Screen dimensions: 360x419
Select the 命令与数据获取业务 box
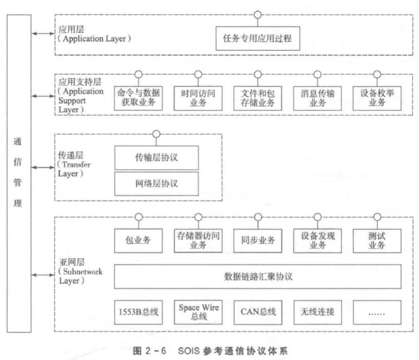click(x=139, y=98)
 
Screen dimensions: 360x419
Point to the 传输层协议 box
click(x=156, y=158)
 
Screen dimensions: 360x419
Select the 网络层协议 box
click(x=156, y=182)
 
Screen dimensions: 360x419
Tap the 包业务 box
click(x=139, y=240)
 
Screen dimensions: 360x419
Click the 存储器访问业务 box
click(x=198, y=240)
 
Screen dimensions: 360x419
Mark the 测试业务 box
click(x=377, y=240)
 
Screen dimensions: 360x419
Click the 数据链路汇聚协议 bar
click(x=258, y=277)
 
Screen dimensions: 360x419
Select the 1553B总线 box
click(x=139, y=311)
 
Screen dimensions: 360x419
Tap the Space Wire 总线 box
click(x=198, y=311)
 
